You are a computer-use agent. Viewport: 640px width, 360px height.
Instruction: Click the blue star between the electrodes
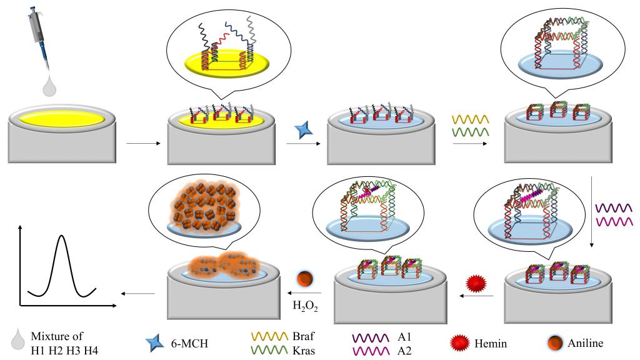coord(306,131)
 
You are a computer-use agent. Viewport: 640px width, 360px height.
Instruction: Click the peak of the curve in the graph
coord(61,236)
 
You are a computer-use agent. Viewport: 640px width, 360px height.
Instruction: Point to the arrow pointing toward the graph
coord(139,293)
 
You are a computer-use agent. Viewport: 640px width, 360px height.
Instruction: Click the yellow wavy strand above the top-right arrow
coord(469,118)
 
